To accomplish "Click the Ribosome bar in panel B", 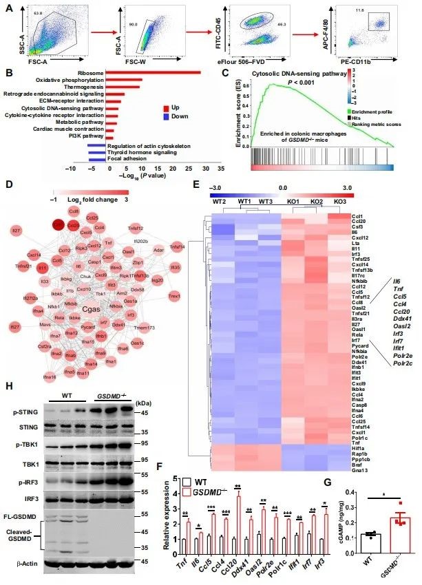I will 144,71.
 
